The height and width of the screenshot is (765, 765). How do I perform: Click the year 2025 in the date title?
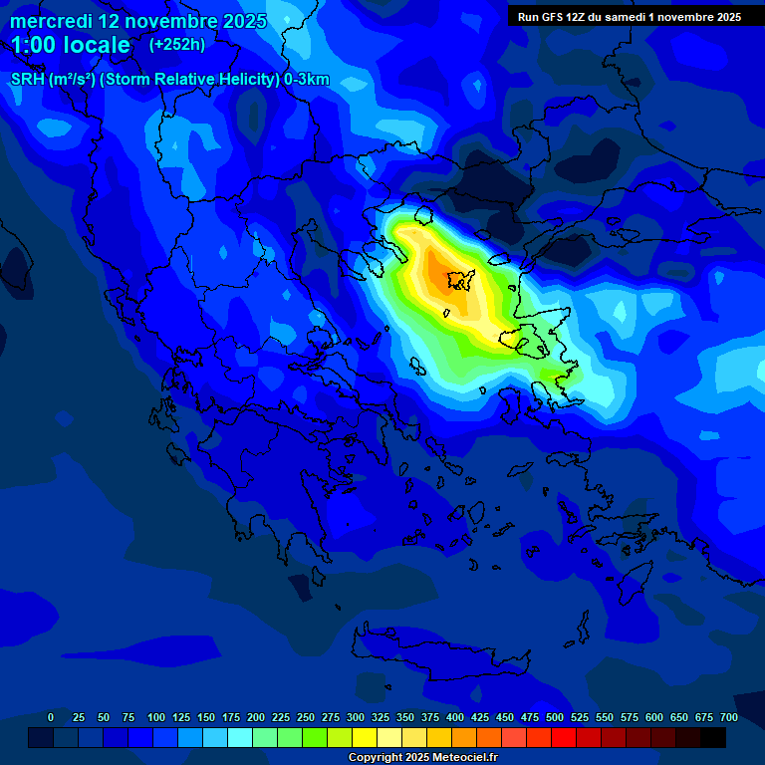[244, 21]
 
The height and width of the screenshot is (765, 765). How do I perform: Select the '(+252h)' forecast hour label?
[177, 45]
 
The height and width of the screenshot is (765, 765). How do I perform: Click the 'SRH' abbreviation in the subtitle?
[28, 81]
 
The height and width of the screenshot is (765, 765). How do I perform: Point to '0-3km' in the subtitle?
[307, 81]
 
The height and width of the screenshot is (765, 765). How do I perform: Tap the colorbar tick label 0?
[51, 717]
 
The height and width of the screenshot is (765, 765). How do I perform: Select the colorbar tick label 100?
[156, 717]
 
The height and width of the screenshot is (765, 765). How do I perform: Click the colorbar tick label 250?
[306, 717]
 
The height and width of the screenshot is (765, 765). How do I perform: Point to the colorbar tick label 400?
[455, 717]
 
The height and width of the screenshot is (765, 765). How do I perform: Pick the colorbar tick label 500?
[555, 717]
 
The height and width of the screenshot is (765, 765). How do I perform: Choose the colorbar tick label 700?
[729, 717]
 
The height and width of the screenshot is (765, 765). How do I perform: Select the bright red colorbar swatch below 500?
[564, 737]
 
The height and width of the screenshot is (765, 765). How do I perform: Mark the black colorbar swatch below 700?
[713, 737]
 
